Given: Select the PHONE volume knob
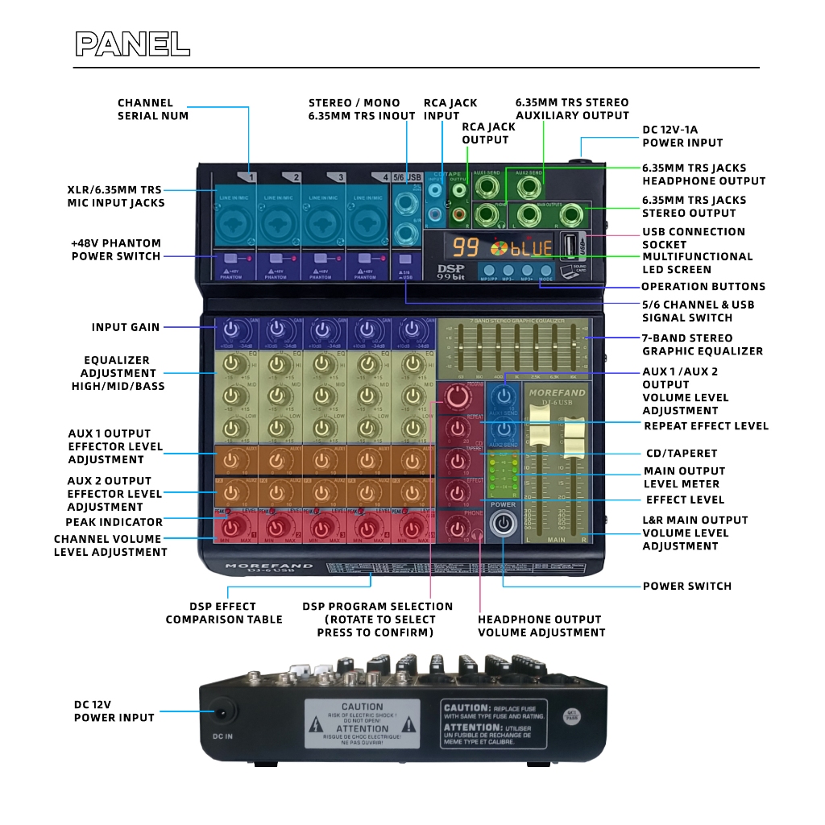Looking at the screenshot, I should pos(458,527).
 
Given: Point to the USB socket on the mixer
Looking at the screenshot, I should pos(570,245).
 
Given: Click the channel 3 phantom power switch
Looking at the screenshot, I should pos(320,259).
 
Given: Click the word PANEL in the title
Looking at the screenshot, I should pos(132,44).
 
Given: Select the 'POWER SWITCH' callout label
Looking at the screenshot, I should pos(686,586).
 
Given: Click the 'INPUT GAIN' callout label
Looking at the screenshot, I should pos(125,327).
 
